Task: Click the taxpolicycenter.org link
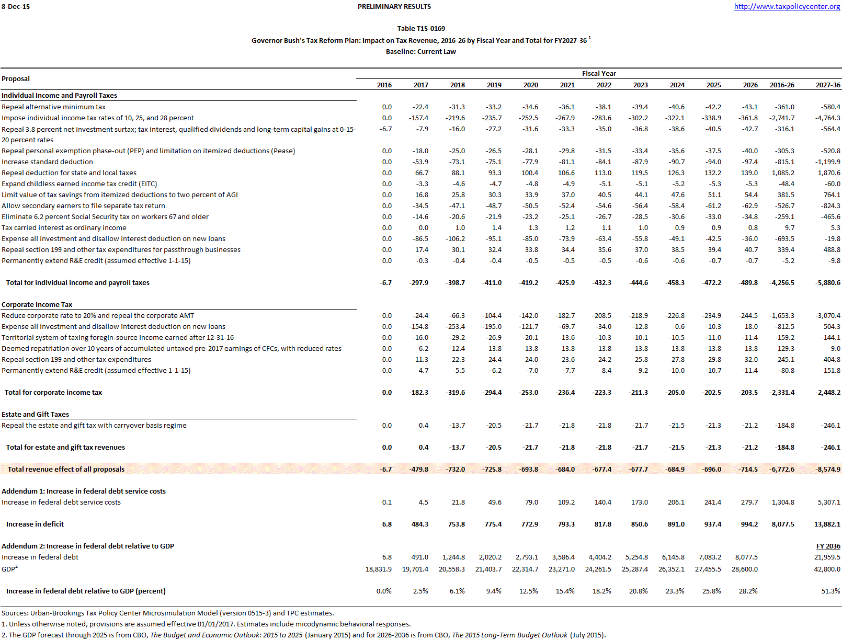(787, 7)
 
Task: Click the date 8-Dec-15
(16, 7)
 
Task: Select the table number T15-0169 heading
(421, 29)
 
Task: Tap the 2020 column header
(530, 85)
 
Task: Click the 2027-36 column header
(828, 85)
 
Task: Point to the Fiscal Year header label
(599, 74)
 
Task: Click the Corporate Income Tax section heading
(37, 305)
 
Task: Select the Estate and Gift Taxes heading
(36, 415)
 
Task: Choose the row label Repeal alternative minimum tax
(53, 107)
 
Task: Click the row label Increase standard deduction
(47, 162)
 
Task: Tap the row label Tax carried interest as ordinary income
(64, 228)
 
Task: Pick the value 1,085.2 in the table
(783, 173)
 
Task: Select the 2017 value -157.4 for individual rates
(418, 118)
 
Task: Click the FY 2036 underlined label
(828, 546)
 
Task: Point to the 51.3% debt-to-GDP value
(830, 591)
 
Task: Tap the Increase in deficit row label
(35, 524)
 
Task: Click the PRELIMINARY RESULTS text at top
(394, 7)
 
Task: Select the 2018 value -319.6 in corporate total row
(456, 393)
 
